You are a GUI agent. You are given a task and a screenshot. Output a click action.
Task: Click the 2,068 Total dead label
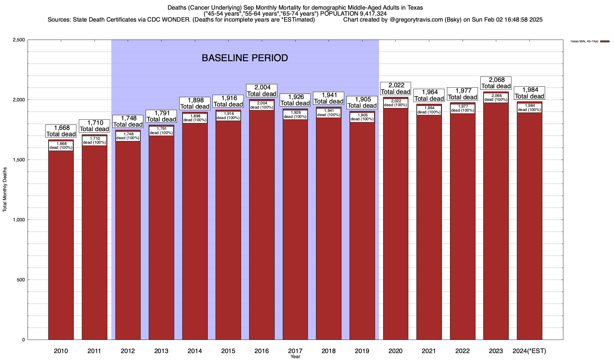(496, 83)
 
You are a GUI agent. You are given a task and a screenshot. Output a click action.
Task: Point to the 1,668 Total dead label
(61, 131)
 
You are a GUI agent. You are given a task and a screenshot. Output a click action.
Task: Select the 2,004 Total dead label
(262, 91)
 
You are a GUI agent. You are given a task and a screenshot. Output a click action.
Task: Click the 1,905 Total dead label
(362, 102)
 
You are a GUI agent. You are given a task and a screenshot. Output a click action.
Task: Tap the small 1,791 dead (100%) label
(161, 131)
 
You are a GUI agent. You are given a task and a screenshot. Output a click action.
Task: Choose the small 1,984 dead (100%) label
(529, 108)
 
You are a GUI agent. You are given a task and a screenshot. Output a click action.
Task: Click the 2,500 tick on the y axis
(19, 40)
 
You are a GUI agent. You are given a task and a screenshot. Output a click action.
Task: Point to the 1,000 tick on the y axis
(19, 220)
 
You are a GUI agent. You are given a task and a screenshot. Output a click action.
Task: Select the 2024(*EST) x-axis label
(529, 351)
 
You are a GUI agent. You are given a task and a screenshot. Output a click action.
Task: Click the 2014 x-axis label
(195, 351)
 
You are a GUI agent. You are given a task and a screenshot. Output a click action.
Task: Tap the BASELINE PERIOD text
(245, 58)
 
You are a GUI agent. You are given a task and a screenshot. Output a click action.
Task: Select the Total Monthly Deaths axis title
(5, 190)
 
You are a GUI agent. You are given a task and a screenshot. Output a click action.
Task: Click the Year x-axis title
(295, 357)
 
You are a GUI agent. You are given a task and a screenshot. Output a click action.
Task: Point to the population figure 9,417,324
(369, 13)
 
